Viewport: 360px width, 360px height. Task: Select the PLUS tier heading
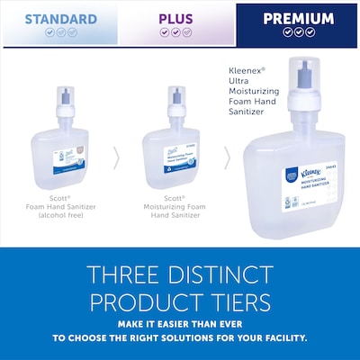click(x=175, y=18)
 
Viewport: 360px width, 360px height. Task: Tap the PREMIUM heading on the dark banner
click(x=297, y=18)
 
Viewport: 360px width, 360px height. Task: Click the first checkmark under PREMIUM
click(x=286, y=31)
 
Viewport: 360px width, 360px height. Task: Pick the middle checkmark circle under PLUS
click(x=175, y=32)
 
